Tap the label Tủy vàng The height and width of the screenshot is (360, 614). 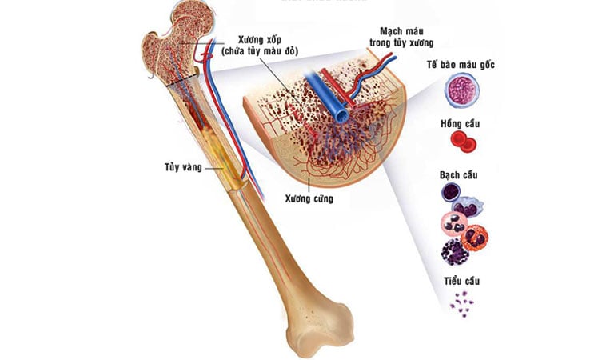click(183, 167)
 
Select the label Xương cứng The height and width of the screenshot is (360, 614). click(309, 198)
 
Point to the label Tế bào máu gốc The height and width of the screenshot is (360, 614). click(460, 64)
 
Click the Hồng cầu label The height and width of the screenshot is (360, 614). click(460, 124)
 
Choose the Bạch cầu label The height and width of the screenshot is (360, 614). click(459, 174)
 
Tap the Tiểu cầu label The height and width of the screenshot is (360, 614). click(461, 281)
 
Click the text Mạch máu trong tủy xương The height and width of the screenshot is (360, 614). click(401, 37)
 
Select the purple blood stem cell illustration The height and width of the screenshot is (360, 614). click(461, 91)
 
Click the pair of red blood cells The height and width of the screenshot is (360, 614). click(464, 142)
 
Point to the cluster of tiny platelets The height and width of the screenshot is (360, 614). click(462, 303)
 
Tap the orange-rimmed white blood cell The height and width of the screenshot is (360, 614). click(475, 238)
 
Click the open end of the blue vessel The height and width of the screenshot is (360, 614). click(343, 115)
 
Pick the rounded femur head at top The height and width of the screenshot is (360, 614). click(192, 19)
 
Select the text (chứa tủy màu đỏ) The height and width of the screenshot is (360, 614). click(260, 51)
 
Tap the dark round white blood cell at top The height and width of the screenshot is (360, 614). click(451, 192)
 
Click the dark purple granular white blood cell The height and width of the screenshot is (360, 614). click(455, 252)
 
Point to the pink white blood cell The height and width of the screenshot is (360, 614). click(454, 224)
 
